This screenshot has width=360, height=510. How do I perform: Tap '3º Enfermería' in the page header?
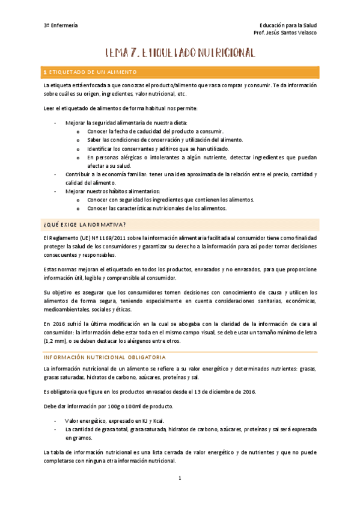(x=61, y=25)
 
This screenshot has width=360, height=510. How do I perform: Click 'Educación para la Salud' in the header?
(x=288, y=25)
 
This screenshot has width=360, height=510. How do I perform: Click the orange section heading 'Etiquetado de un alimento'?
(x=90, y=72)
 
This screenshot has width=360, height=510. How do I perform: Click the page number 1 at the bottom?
(x=180, y=479)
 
